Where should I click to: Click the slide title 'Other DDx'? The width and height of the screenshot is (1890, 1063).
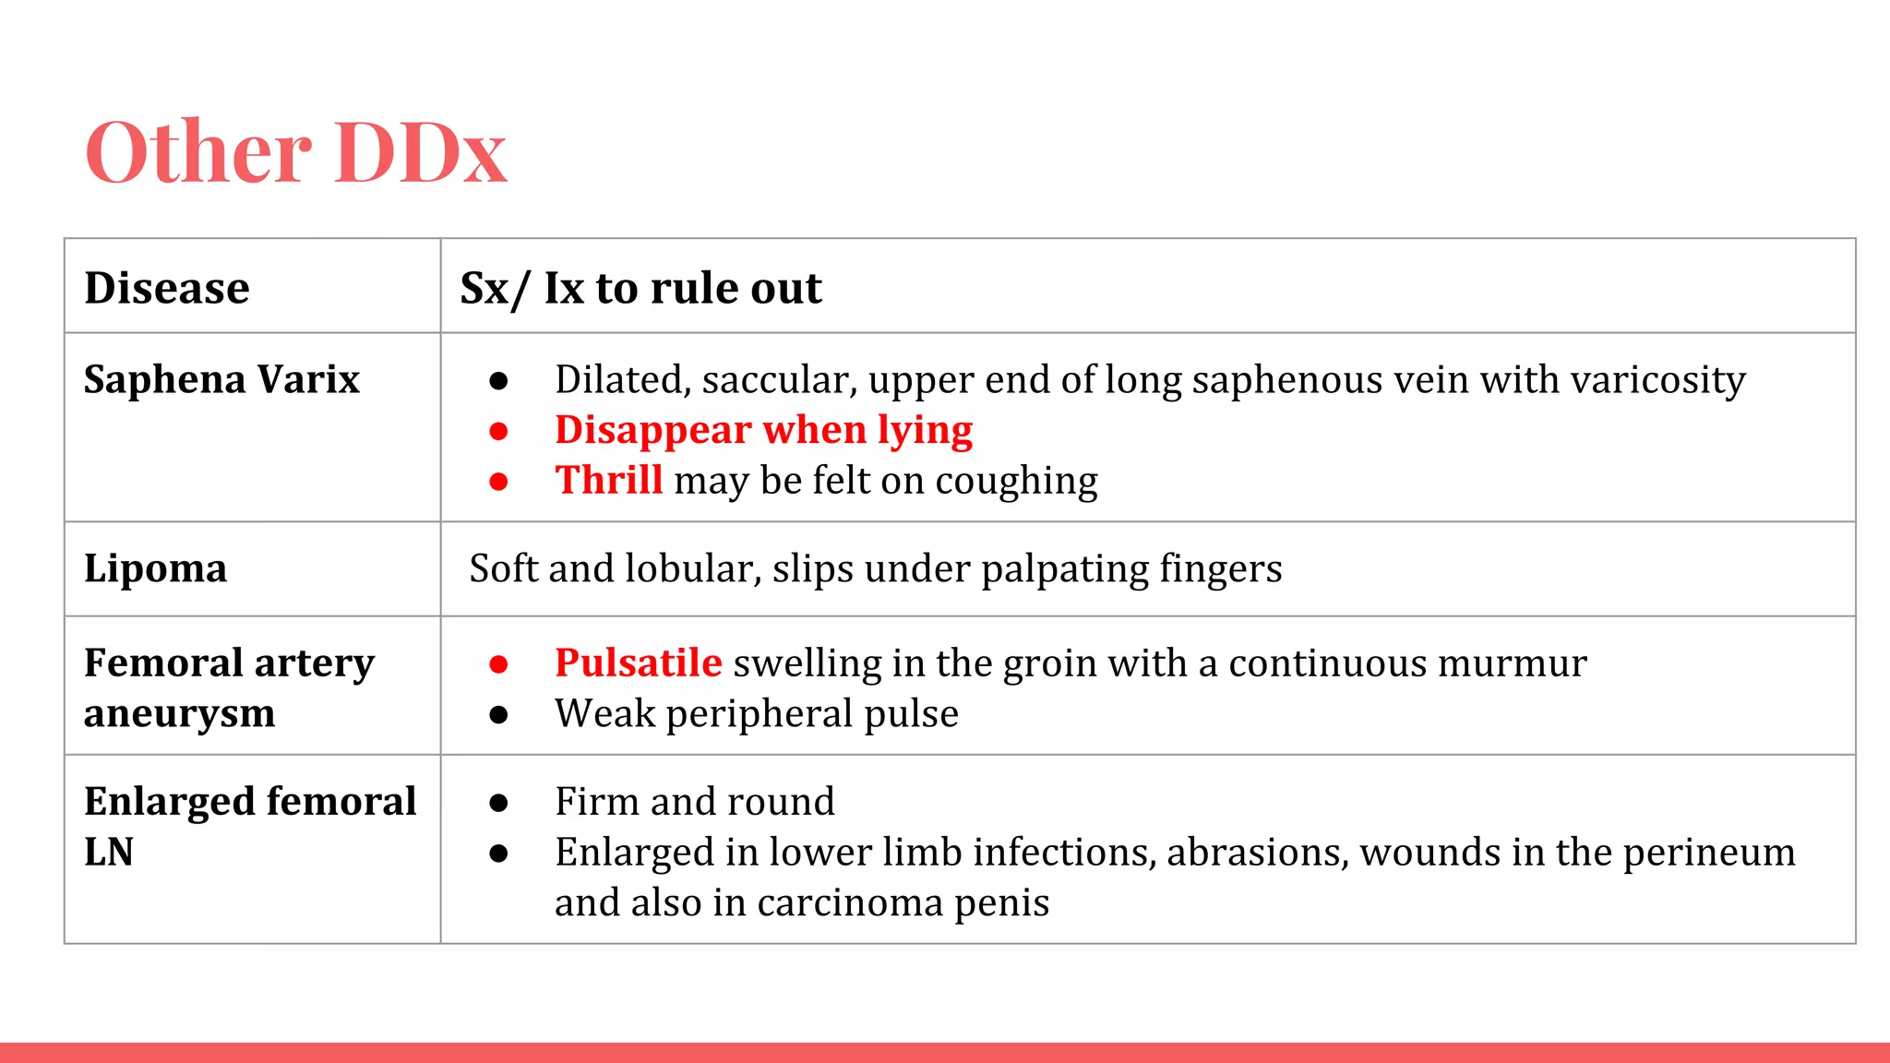295,152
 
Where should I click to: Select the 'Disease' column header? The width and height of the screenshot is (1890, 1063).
167,288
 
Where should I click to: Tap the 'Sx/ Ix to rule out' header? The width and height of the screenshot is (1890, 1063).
640,288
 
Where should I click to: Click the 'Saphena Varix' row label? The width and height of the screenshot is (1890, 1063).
221,379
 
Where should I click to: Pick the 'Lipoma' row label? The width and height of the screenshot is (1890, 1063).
155,568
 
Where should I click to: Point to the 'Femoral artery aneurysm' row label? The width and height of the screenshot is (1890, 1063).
229,687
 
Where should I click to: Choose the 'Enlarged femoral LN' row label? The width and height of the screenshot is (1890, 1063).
249,826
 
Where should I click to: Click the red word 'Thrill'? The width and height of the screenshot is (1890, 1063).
608,481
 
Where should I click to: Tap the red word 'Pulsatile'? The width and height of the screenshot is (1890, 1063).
638,663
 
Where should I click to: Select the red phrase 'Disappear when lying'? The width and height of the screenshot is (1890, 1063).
763,430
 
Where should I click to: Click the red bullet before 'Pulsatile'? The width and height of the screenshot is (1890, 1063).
498,664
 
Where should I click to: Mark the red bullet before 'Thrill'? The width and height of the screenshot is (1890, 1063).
498,482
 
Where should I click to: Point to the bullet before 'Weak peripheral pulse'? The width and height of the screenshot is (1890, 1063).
498,715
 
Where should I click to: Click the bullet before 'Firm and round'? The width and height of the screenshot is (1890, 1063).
498,803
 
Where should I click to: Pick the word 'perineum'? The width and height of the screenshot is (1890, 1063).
1709,853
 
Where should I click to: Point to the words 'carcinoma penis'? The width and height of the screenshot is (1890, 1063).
903,903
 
